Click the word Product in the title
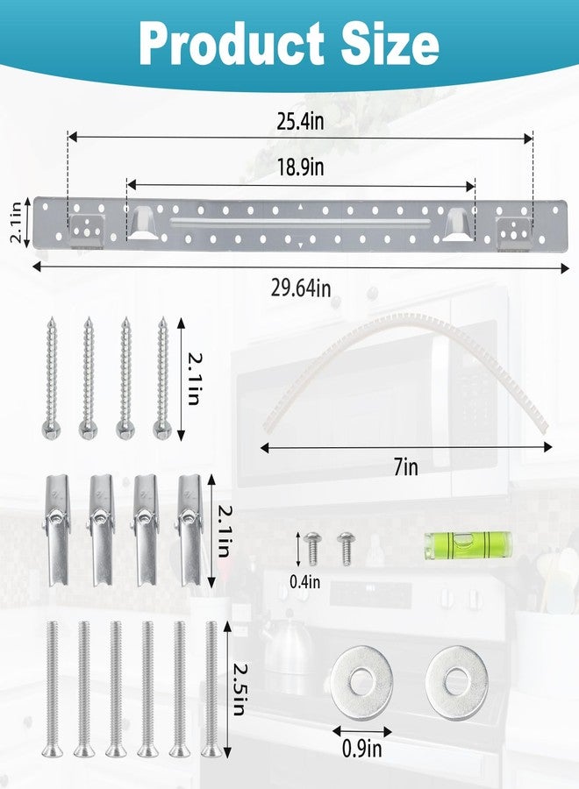point(232,45)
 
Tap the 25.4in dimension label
point(301,121)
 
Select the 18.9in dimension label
point(301,167)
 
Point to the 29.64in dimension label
point(301,288)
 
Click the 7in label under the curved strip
point(406,467)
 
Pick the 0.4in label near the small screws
point(304,582)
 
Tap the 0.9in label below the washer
point(362,749)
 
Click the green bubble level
point(468,545)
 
